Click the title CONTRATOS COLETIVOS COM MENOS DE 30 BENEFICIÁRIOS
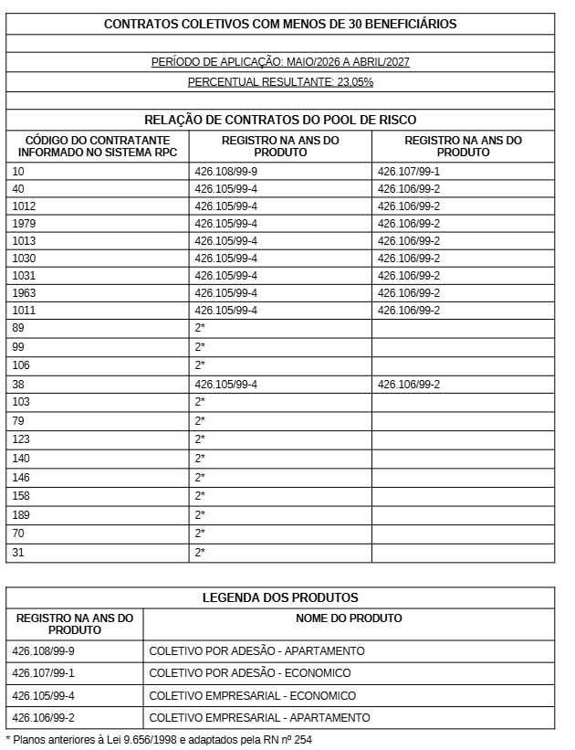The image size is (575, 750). pos(280,24)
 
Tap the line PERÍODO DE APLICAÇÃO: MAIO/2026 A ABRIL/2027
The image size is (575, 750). pos(280,62)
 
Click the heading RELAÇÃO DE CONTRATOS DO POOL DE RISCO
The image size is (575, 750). pos(280,120)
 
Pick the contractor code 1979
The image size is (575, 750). pos(25,224)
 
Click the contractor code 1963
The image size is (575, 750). pos(25,293)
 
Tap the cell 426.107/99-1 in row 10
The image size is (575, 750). pos(409,172)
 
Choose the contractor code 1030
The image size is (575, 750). pos(25,259)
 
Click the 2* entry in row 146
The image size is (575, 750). pos(200,478)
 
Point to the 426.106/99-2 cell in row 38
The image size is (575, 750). pos(409,385)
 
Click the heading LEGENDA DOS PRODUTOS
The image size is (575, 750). pos(280,598)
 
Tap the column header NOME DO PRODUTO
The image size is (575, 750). pos(349,618)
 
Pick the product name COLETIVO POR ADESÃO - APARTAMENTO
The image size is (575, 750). pos(256,651)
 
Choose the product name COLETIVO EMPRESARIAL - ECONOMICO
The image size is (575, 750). pos(253,696)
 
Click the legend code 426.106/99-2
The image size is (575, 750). pos(43,718)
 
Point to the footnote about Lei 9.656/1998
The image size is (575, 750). pos(159,739)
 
